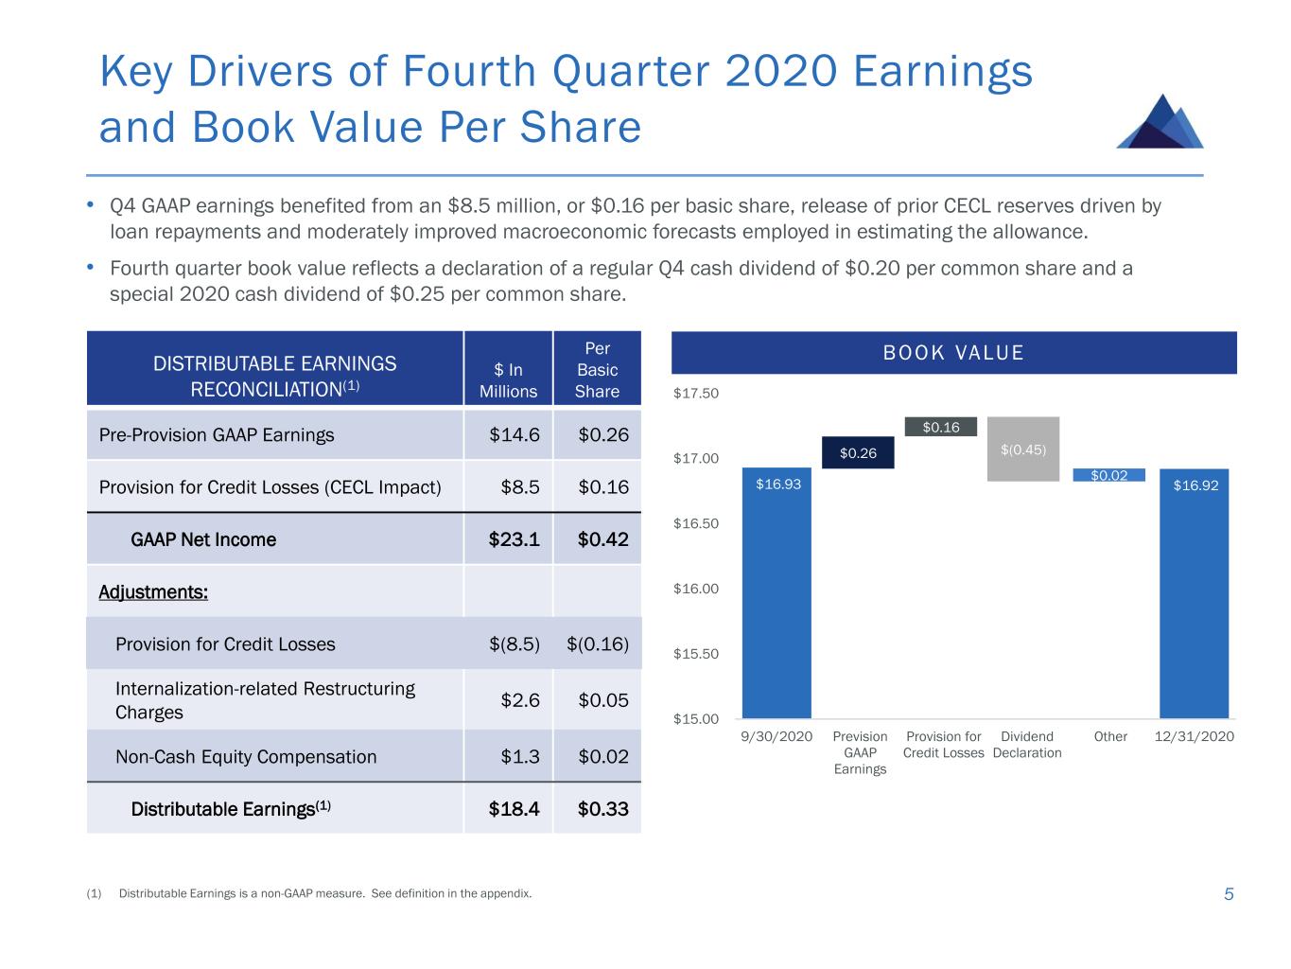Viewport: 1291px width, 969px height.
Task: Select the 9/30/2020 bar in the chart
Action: tap(776, 593)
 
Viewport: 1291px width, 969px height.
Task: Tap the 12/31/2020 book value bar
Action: tap(1194, 593)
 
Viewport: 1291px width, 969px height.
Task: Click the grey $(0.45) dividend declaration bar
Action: tap(1022, 449)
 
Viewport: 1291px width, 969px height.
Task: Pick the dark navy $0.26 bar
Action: tap(858, 453)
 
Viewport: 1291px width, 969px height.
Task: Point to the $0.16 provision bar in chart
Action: tap(940, 428)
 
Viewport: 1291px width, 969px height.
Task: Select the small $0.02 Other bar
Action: tap(1108, 475)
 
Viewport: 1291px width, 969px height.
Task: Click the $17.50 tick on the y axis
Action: tap(695, 394)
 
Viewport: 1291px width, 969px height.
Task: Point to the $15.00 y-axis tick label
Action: tap(695, 719)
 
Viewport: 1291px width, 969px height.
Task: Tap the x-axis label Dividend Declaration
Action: tap(1027, 745)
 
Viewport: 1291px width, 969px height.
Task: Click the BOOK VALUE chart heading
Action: tap(953, 353)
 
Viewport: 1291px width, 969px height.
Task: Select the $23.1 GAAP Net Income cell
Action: tap(514, 539)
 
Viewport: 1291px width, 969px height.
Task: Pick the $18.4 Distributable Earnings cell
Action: tap(514, 809)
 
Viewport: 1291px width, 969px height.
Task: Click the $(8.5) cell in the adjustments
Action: tap(514, 644)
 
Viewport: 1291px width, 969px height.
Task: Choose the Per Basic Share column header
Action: tap(597, 370)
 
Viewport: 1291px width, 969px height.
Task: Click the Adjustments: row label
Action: tap(153, 592)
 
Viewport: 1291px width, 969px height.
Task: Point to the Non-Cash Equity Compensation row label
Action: tap(246, 757)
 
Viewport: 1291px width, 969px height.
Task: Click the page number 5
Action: tap(1229, 894)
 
